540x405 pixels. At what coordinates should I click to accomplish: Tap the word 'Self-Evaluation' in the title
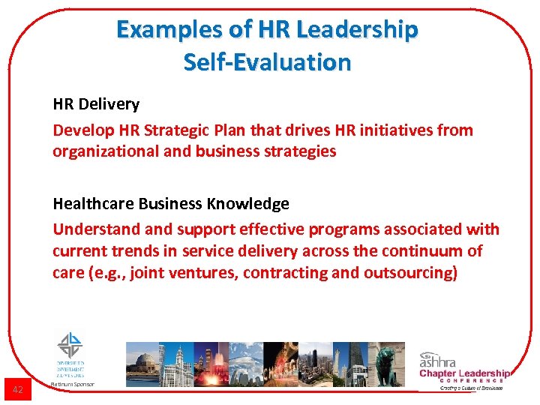tap(267, 62)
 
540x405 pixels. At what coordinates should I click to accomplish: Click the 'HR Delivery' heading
tap(96, 103)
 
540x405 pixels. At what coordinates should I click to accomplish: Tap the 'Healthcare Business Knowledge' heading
tap(171, 204)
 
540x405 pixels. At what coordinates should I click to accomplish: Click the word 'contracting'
tap(283, 273)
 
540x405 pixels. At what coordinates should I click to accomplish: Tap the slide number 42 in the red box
tap(18, 389)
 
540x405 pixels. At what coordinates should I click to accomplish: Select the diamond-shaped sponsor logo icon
tap(71, 346)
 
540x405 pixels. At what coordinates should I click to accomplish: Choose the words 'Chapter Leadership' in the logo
tap(464, 373)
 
